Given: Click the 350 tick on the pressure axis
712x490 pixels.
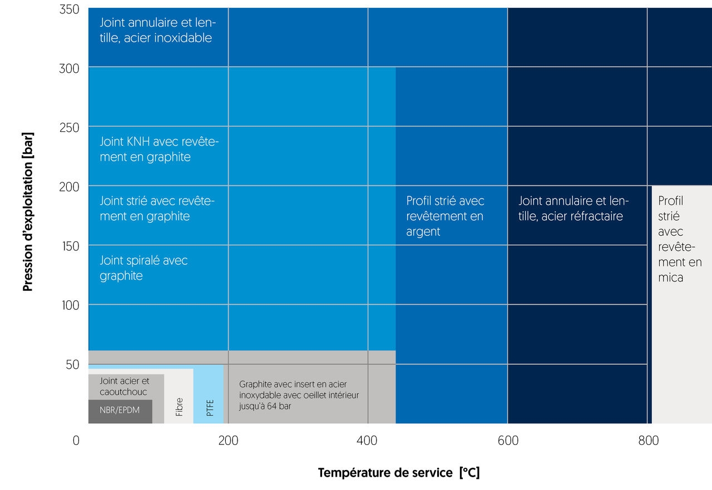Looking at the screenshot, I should (x=69, y=9).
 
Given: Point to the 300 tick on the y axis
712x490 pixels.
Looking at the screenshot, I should (x=69, y=68).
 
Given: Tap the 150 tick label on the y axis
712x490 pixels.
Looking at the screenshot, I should (x=69, y=245).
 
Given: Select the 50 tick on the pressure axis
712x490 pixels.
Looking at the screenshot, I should (x=72, y=364).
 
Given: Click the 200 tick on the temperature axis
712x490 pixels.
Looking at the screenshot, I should (x=228, y=440).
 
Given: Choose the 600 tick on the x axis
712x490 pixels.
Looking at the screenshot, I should (x=507, y=440).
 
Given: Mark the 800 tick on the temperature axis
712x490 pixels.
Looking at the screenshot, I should (x=648, y=440).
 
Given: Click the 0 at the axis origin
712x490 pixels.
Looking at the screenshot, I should (x=76, y=440).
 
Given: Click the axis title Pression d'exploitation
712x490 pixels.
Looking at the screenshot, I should (x=28, y=211).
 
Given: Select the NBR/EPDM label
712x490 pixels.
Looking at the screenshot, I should (x=120, y=411).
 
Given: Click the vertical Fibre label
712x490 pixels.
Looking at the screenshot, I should (x=179, y=407).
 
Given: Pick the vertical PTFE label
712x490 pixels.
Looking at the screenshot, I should (x=210, y=408).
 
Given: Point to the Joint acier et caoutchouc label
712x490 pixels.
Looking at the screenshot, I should (x=125, y=387).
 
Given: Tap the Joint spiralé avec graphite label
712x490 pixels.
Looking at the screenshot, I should (x=144, y=268).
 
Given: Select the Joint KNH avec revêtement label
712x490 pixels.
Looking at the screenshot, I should (x=159, y=149).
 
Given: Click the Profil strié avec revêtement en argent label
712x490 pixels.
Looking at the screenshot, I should (x=445, y=216).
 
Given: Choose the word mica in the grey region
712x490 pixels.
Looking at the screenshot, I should (x=670, y=277).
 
